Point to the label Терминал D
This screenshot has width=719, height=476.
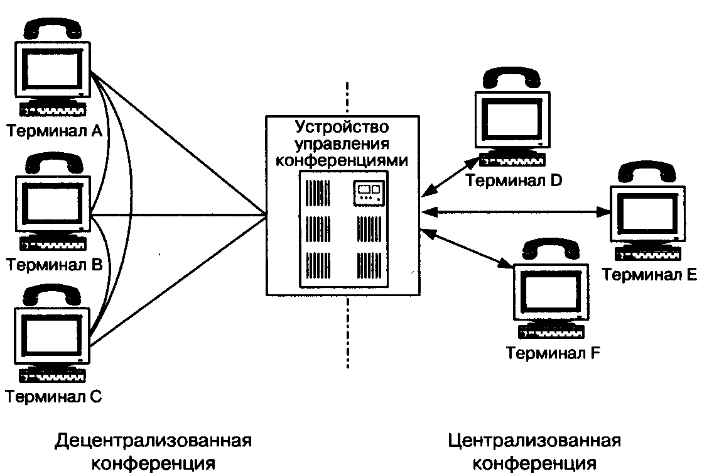(x=514, y=181)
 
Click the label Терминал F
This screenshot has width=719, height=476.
(x=554, y=352)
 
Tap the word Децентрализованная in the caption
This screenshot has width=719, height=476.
(x=153, y=440)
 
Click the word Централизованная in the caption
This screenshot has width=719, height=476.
(x=534, y=440)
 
